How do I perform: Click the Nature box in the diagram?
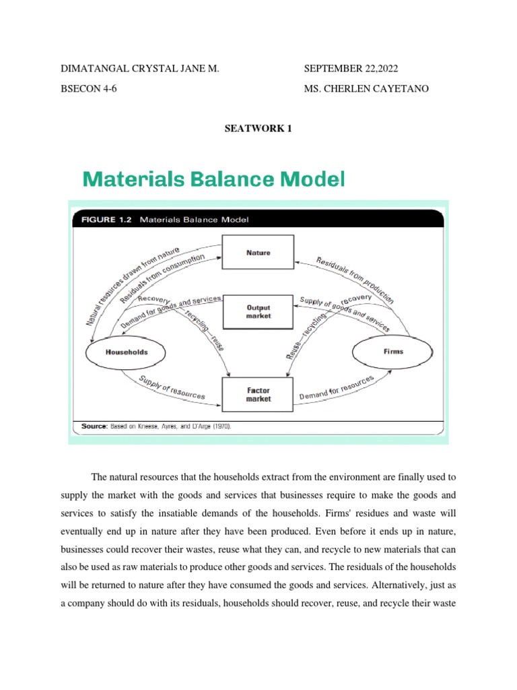tap(258, 253)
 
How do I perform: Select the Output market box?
tap(258, 311)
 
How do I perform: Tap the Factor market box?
tap(258, 394)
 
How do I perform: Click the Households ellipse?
tap(127, 352)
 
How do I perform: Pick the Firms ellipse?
tap(394, 351)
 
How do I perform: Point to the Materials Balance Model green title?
tap(213, 179)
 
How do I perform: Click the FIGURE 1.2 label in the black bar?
tap(107, 219)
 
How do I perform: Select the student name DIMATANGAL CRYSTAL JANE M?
tap(141, 69)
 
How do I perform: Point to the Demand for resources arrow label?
tap(337, 389)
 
